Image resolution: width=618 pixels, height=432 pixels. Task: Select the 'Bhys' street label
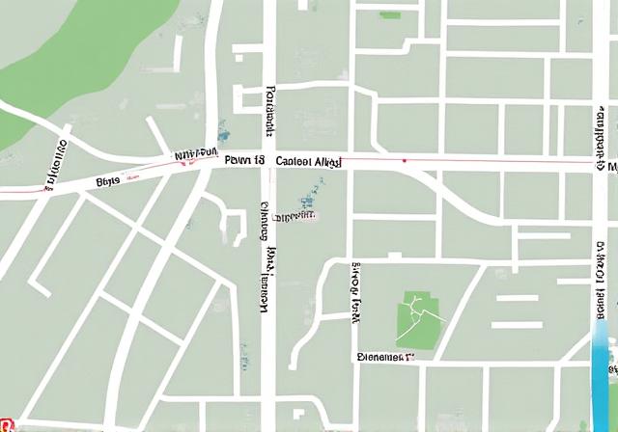pyautogui.click(x=107, y=179)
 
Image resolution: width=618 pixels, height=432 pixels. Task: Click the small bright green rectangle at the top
pyautogui.click(x=390, y=14)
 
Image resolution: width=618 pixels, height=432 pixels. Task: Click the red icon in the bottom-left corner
pyautogui.click(x=6, y=424)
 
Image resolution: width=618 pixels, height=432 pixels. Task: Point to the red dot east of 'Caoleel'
pyautogui.click(x=404, y=160)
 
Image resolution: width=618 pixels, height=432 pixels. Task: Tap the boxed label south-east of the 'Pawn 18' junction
pyautogui.click(x=294, y=216)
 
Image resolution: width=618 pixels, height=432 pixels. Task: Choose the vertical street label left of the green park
pyautogui.click(x=355, y=292)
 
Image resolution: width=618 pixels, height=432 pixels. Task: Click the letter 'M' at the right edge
pyautogui.click(x=611, y=167)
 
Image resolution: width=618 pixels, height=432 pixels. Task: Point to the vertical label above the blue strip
pyautogui.click(x=600, y=280)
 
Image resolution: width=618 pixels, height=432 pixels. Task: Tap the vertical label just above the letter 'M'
pyautogui.click(x=600, y=130)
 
